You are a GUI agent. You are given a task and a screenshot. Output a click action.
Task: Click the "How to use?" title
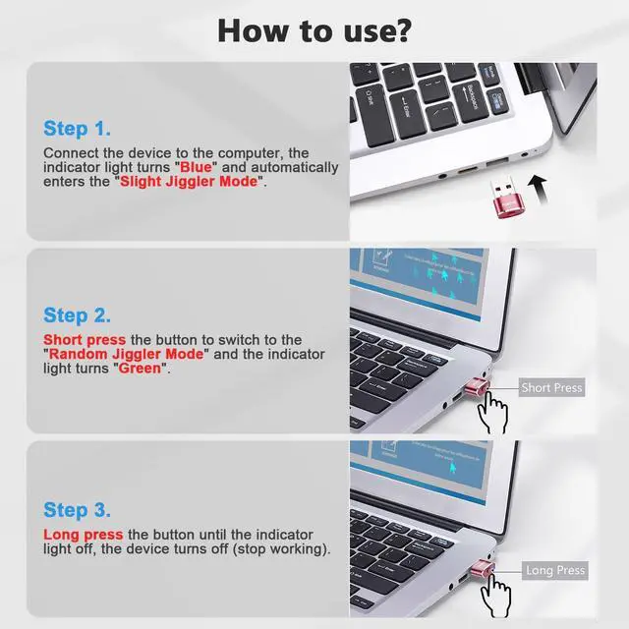(x=314, y=29)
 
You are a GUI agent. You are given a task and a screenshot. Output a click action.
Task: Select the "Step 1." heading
(x=77, y=129)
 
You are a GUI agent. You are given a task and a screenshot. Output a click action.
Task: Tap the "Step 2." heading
(x=77, y=315)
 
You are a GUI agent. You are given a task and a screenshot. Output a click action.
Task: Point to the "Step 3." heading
(x=77, y=510)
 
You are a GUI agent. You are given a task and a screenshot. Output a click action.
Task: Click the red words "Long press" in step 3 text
(x=84, y=535)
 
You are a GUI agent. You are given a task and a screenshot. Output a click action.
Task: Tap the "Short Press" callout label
(x=551, y=388)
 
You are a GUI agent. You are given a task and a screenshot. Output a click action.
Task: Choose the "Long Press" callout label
(x=555, y=570)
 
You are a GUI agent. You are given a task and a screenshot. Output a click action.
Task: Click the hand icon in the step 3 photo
(x=503, y=596)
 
